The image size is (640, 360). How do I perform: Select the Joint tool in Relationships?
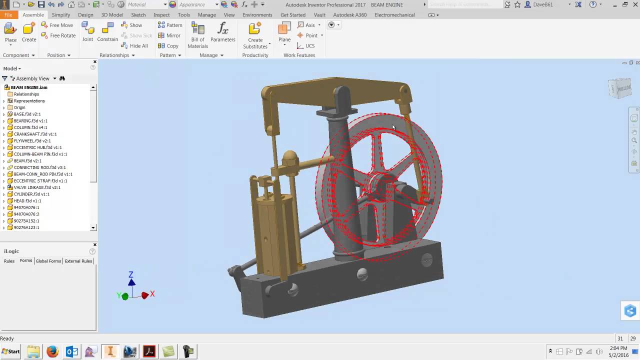pos(87,32)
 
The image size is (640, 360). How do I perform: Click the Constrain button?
pos(107,32)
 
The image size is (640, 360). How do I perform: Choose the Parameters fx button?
pos(222,32)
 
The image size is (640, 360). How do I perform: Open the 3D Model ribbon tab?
pos(112,15)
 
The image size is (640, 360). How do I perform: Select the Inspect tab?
pos(161,15)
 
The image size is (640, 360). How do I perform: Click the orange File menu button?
pos(8,15)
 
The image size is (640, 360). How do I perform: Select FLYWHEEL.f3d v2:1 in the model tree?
pos(32,141)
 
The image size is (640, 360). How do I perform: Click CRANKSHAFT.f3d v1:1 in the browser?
pos(35,134)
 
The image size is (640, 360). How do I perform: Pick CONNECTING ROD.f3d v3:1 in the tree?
pos(39,167)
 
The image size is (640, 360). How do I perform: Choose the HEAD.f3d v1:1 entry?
pos(27,201)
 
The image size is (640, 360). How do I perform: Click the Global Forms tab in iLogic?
pos(48,261)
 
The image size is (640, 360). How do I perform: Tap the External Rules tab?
pos(78,261)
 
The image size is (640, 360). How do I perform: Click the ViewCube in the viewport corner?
pos(620,88)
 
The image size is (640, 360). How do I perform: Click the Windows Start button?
pos(10,351)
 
